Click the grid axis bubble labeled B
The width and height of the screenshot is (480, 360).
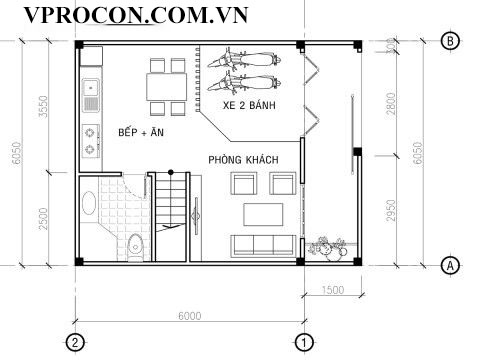point(450,41)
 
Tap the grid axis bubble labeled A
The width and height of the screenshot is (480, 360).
point(450,266)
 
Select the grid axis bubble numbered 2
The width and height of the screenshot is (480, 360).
point(75,342)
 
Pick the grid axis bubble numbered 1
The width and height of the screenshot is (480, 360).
point(304,342)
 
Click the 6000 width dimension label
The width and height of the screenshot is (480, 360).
point(190,316)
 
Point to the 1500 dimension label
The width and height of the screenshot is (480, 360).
point(333,290)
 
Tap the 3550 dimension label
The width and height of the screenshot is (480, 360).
point(43,107)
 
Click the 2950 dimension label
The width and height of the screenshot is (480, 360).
point(391,210)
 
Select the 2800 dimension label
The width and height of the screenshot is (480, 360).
point(391,104)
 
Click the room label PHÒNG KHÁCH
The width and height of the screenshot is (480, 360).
point(243,160)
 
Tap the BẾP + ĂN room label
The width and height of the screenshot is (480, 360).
point(141,132)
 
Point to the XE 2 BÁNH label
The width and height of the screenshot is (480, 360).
point(249,105)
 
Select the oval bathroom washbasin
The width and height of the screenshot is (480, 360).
point(89,203)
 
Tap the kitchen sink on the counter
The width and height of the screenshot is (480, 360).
point(91,95)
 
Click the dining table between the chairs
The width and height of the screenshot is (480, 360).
point(167,87)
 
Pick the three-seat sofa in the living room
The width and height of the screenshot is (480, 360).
point(263,245)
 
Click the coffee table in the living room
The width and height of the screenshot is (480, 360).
point(263,215)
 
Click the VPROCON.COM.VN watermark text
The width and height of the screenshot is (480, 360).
point(136,15)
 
